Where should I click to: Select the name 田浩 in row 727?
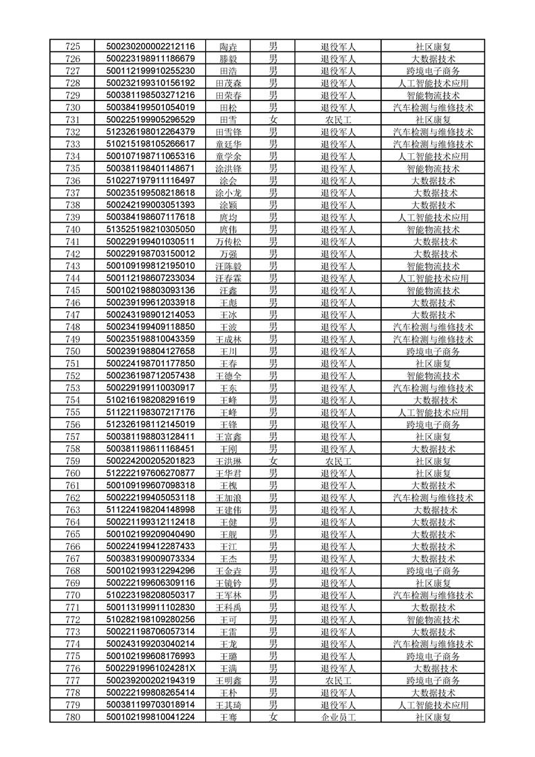coord(228,71)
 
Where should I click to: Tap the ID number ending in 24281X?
coord(150,669)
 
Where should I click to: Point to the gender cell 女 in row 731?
coord(273,119)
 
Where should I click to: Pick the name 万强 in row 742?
coord(228,254)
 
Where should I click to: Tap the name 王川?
coord(228,352)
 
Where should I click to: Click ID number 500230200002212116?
coord(150,47)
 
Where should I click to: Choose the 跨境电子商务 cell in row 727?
coord(432,71)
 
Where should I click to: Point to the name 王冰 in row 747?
coord(228,315)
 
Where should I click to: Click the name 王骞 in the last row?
coord(228,717)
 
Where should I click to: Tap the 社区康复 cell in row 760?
coord(432,474)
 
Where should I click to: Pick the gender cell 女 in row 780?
coord(273,717)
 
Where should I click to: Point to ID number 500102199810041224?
coord(150,717)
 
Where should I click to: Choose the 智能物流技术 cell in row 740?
coord(432,229)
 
